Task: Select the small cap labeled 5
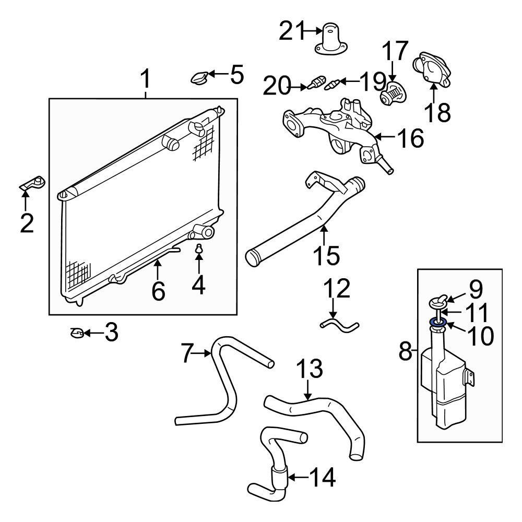click(199, 78)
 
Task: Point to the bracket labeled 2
click(33, 184)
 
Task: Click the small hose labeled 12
click(339, 326)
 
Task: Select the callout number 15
click(326, 256)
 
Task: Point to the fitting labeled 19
click(333, 84)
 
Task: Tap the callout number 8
click(406, 351)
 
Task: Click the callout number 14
click(321, 477)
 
